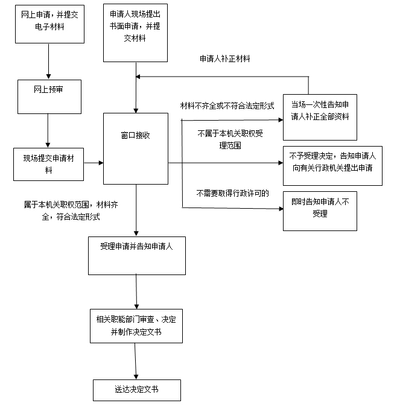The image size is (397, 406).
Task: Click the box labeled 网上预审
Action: pyautogui.click(x=49, y=97)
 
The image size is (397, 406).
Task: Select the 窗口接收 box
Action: pyautogui.click(x=136, y=148)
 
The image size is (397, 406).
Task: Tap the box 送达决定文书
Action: pyautogui.click(x=137, y=390)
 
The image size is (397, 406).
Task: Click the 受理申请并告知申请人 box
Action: pyautogui.click(x=137, y=256)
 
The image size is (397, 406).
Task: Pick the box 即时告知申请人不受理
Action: pyautogui.click(x=320, y=211)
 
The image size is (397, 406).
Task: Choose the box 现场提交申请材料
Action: pyautogui.click(x=48, y=164)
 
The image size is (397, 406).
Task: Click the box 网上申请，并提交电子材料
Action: pyautogui.click(x=49, y=24)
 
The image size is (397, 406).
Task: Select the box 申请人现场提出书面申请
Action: pyautogui.click(x=135, y=33)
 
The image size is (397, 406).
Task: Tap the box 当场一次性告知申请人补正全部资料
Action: pyautogui.click(x=320, y=117)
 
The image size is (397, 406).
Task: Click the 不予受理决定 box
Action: pyautogui.click(x=332, y=166)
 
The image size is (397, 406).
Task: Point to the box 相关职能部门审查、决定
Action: pyautogui.click(x=136, y=326)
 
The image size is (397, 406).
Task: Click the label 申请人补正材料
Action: pyautogui.click(x=225, y=59)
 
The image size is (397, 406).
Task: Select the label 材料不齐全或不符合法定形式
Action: pyautogui.click(x=227, y=106)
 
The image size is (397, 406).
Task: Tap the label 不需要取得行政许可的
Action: pyautogui.click(x=232, y=193)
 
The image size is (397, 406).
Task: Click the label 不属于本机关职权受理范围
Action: pyautogui.click(x=230, y=139)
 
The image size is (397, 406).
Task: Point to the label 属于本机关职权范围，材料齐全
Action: pyautogui.click(x=71, y=211)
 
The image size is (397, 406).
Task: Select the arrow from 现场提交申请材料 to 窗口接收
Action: pyautogui.click(x=94, y=163)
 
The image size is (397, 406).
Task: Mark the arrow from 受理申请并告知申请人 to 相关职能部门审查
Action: pyautogui.click(x=136, y=292)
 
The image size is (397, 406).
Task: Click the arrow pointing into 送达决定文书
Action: pyautogui.click(x=135, y=361)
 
